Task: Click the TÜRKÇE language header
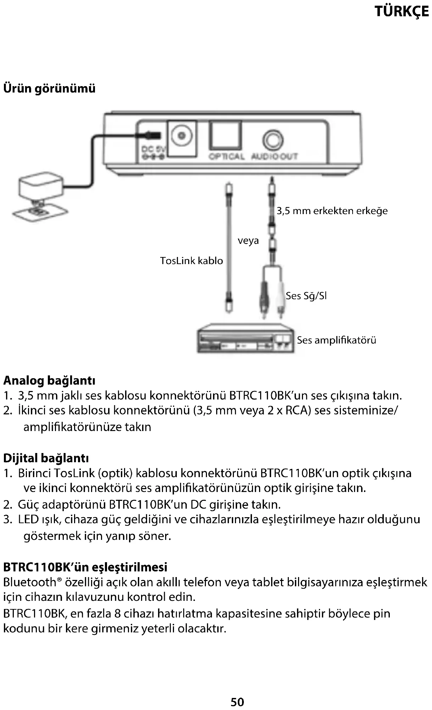[x=402, y=12]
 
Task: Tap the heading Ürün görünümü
[x=49, y=88]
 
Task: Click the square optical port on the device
[x=225, y=135]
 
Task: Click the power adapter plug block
[x=40, y=188]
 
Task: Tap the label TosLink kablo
[x=191, y=261]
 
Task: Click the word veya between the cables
[x=248, y=241]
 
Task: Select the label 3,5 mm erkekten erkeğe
[x=332, y=211]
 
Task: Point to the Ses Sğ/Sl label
[x=306, y=296]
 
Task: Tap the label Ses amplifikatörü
[x=336, y=340]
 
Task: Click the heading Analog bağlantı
[x=49, y=381]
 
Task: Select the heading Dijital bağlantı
[x=46, y=458]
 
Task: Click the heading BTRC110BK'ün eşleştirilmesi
[x=85, y=567]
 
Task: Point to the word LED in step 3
[x=28, y=520]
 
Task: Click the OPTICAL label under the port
[x=226, y=156]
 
